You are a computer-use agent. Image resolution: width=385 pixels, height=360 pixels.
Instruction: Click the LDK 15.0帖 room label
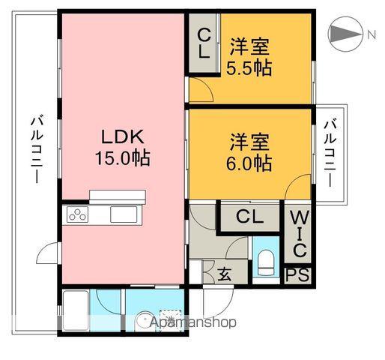[x=123, y=148]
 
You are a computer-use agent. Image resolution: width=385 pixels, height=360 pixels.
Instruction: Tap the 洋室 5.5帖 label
[x=249, y=56]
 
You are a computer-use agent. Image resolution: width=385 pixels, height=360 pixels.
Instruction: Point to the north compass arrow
[x=345, y=34]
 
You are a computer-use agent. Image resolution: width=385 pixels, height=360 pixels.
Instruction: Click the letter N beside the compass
[x=370, y=34]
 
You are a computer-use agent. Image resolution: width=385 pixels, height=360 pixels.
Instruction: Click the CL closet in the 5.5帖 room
[x=203, y=43]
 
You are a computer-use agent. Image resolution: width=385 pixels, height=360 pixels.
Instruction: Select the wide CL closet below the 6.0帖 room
[x=249, y=217]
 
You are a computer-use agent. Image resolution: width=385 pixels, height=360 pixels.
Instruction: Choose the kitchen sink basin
[x=122, y=215]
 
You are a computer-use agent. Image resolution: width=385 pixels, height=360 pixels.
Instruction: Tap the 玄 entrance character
[x=224, y=274]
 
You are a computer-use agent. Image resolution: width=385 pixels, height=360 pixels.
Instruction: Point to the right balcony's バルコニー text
[x=330, y=154]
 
